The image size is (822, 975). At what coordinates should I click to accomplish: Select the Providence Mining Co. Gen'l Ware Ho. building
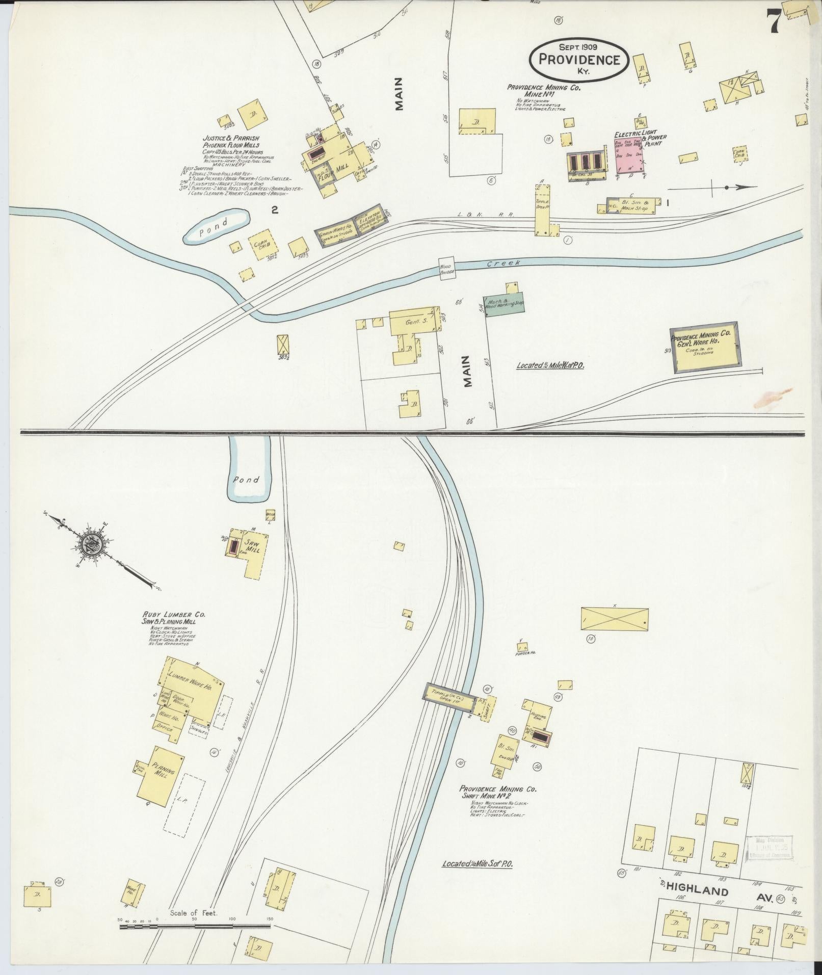(x=706, y=347)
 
